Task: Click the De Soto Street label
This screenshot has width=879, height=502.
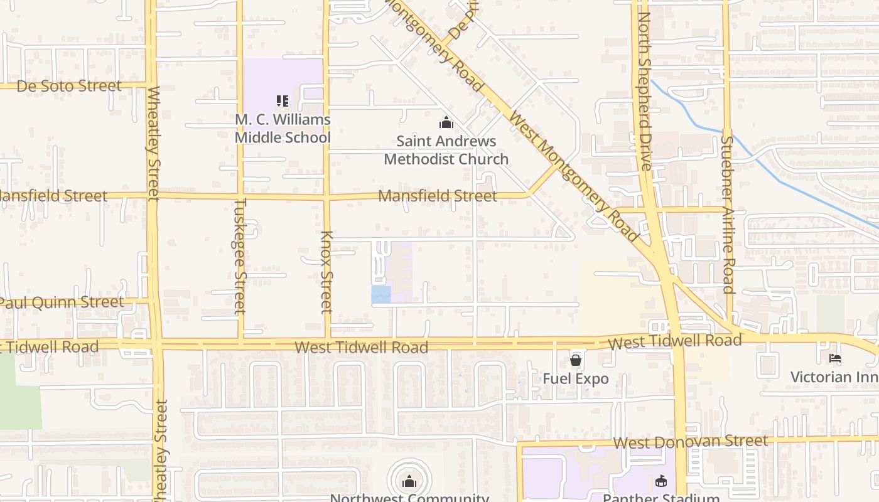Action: click(x=69, y=86)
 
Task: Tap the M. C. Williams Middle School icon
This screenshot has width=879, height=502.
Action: click(x=283, y=100)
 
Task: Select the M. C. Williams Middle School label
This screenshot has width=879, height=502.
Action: click(x=283, y=128)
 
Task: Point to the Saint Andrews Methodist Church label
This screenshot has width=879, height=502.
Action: click(x=446, y=150)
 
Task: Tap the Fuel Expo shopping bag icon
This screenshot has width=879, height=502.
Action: click(x=575, y=360)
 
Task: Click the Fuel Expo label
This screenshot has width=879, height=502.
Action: click(x=576, y=379)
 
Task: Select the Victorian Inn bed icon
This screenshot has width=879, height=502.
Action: click(x=834, y=358)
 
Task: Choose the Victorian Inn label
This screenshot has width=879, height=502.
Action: click(x=834, y=377)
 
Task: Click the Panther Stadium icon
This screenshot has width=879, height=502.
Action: click(x=661, y=481)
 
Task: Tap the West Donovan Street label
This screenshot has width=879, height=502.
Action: click(x=690, y=442)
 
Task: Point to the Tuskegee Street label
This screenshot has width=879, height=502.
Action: click(x=240, y=256)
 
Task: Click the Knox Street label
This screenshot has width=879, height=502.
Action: click(x=326, y=272)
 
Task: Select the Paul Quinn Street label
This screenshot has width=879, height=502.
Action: click(x=62, y=302)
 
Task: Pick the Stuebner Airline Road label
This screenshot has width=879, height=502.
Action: click(x=727, y=215)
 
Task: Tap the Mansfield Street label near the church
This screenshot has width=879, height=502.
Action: click(x=437, y=196)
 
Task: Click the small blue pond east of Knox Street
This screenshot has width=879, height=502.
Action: click(x=381, y=294)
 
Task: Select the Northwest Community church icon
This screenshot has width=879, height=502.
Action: click(x=409, y=481)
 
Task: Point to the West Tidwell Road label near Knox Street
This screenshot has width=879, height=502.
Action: click(x=361, y=347)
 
